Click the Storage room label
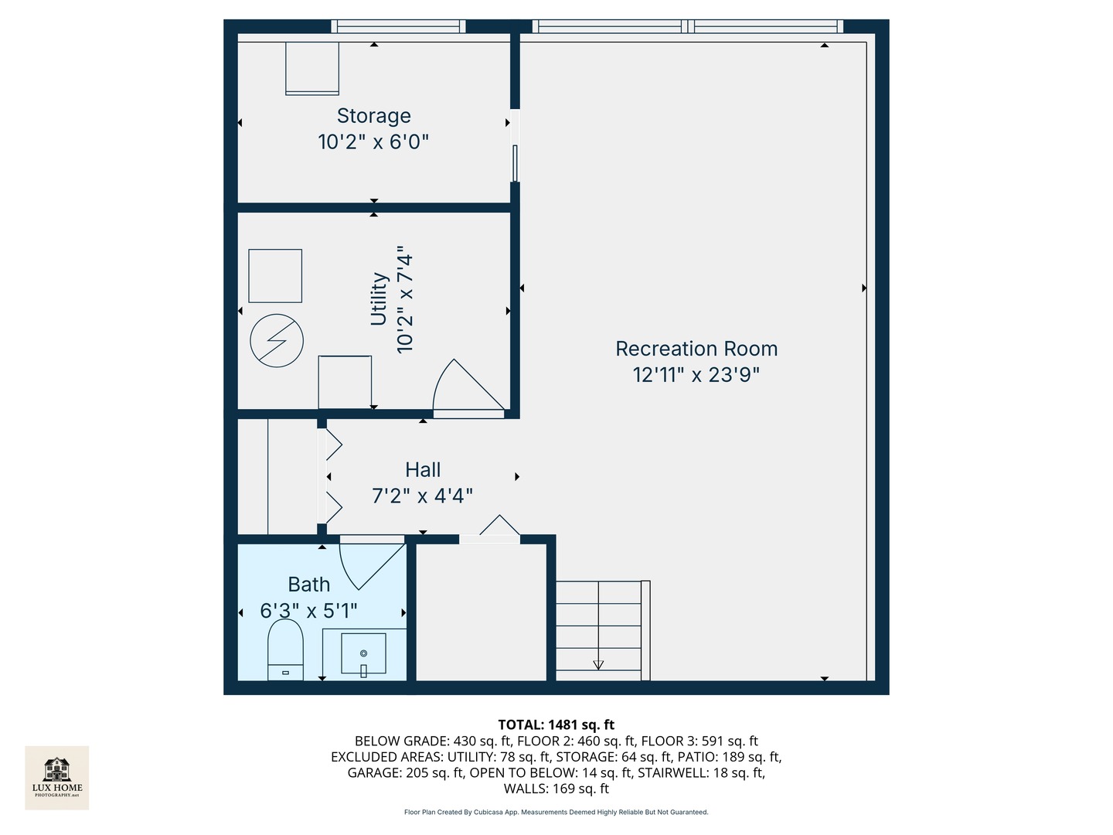point(373,116)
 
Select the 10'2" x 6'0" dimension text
point(373,142)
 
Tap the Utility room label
point(379,299)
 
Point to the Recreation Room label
point(696,349)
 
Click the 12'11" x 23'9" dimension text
point(696,375)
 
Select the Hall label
point(423,470)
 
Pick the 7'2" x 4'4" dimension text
point(423,496)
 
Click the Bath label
point(308,584)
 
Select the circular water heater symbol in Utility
point(277,340)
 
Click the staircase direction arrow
point(598,663)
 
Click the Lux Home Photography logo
point(57,777)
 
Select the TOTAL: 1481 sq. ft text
point(556,724)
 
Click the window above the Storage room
point(398,26)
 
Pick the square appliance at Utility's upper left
point(275,276)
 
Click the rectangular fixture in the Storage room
point(312,68)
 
